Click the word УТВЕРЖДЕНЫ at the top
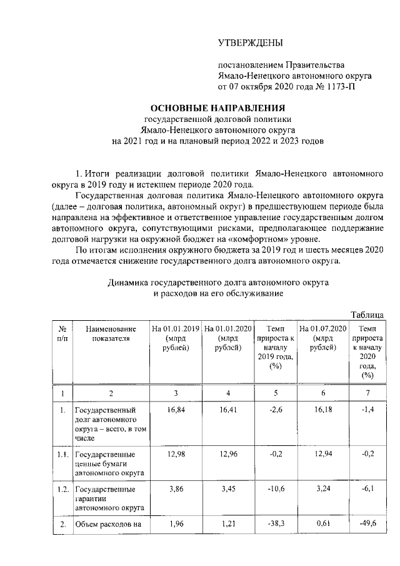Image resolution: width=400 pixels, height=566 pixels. point(251,43)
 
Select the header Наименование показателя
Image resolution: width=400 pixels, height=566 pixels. point(111,333)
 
